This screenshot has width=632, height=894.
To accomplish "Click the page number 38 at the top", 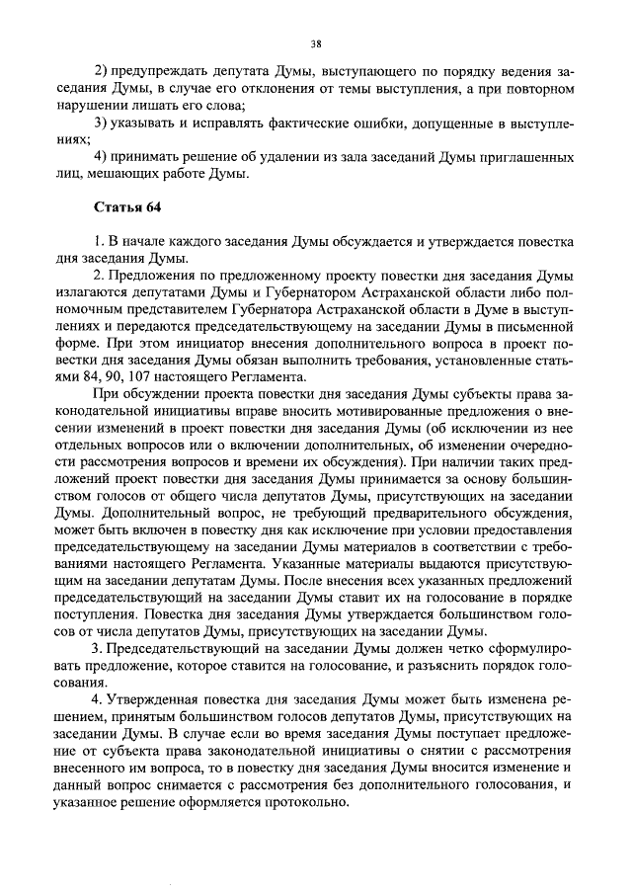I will [316, 43].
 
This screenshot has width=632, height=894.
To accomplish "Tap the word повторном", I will [539, 88].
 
